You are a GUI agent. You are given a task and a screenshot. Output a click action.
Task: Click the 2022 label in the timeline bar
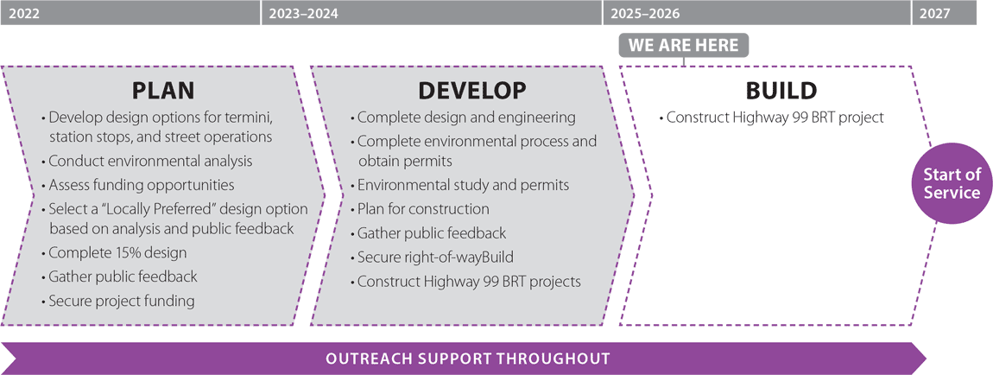(x=22, y=13)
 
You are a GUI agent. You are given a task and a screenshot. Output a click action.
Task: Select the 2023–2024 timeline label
(x=303, y=13)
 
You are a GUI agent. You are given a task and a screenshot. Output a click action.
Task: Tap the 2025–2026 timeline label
(x=645, y=13)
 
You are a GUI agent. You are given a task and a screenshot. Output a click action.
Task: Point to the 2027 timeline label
(x=936, y=13)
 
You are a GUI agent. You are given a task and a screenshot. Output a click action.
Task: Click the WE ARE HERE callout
(x=684, y=45)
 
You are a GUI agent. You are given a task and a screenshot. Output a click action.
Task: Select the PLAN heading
(x=163, y=91)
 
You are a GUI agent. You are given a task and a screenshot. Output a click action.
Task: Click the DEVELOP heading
(x=471, y=91)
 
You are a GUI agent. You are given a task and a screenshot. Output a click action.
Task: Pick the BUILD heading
(x=781, y=91)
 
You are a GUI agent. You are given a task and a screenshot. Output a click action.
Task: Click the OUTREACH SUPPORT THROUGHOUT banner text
(x=467, y=358)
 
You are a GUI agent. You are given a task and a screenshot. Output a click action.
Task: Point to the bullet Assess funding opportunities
(x=142, y=184)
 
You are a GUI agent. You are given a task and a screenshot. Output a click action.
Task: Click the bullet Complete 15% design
(x=117, y=253)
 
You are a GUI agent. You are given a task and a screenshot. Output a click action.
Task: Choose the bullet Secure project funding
(x=121, y=301)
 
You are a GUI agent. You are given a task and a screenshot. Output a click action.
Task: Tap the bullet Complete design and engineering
(x=466, y=118)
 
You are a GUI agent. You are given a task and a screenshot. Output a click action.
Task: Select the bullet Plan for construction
(x=423, y=209)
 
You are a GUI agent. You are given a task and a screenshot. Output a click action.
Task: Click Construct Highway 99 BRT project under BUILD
(x=775, y=118)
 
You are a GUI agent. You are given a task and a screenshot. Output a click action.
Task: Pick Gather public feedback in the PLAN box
(x=123, y=276)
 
